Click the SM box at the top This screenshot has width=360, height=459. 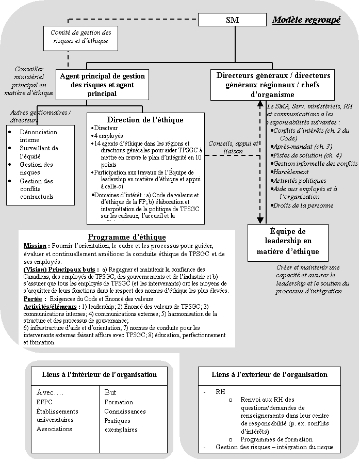point(232,20)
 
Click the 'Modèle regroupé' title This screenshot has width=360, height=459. point(306,20)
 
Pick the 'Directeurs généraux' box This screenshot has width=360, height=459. point(273,85)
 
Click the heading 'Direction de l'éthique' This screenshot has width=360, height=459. point(145,120)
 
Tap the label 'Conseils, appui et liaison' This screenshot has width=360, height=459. point(233,147)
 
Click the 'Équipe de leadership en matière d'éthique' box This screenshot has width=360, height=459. point(287,242)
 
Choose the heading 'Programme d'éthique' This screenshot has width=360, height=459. point(127,237)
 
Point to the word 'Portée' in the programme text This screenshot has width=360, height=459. point(32,298)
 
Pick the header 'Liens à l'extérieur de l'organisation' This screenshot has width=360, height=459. point(269,374)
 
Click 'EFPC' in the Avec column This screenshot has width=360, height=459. point(44,402)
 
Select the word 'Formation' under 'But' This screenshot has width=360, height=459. point(119,402)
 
